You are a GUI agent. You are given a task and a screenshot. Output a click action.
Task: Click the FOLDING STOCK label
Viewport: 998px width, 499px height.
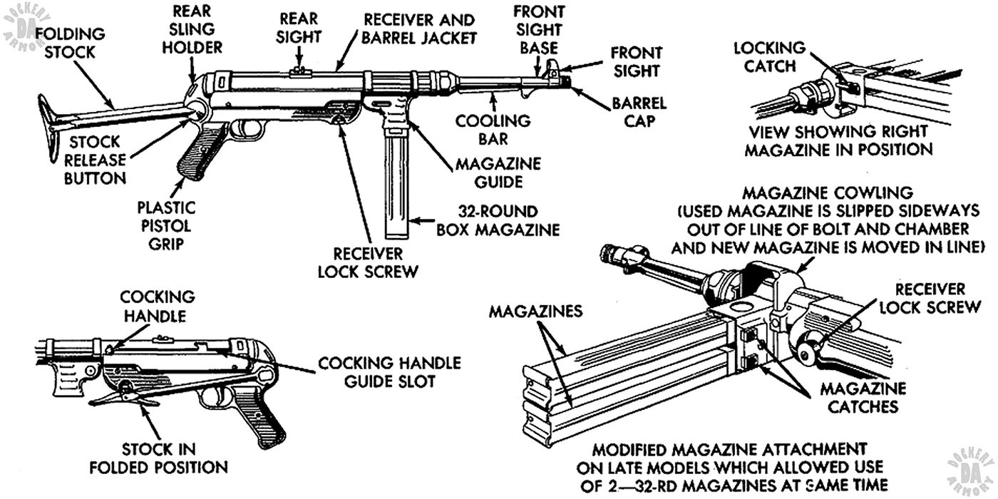70,42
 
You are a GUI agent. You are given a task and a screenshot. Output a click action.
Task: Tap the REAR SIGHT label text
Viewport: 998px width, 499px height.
299,26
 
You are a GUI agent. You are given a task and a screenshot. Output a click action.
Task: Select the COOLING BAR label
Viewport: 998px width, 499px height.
493,129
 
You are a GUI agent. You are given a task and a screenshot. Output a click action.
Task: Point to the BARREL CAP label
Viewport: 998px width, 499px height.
639,112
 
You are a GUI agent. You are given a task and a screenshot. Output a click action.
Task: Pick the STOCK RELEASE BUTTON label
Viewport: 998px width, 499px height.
95,160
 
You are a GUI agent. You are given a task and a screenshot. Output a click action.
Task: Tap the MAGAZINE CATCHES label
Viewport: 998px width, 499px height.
863,398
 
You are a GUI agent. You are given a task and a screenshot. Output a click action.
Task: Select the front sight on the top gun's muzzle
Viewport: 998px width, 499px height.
553,68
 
